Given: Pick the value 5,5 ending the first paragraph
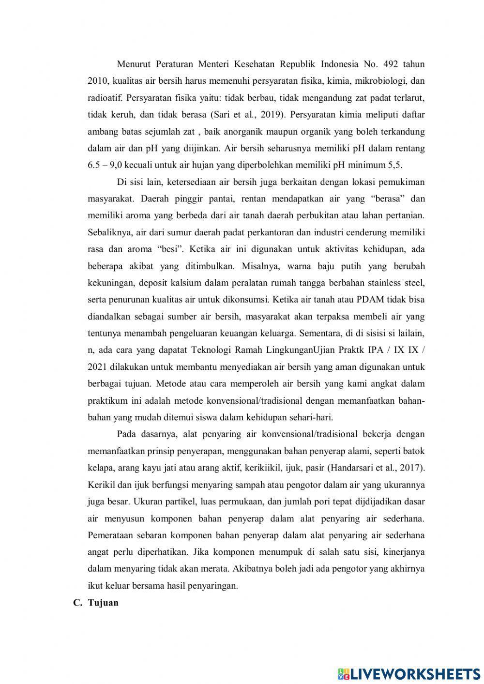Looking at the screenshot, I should (395, 165).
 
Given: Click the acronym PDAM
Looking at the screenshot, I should (370, 300).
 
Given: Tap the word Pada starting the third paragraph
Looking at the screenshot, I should (127, 434).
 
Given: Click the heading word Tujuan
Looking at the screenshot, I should (103, 603).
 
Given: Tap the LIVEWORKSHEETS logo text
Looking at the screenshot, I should (415, 673).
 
